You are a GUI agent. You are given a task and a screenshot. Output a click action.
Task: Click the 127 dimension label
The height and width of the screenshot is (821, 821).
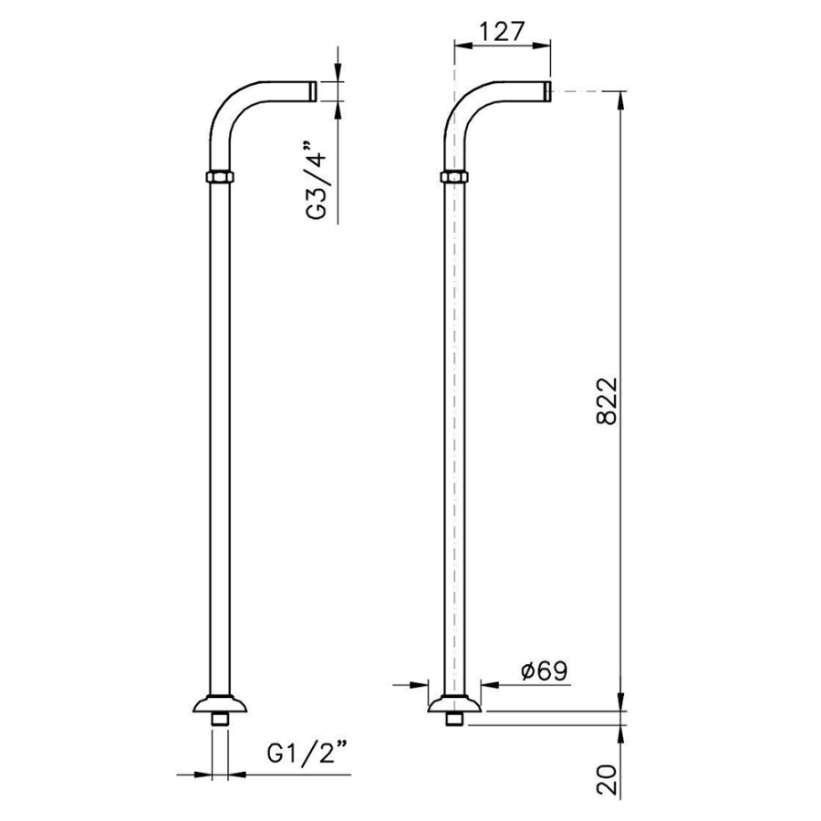point(501,32)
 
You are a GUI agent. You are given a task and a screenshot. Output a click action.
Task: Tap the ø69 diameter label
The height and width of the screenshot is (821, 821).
point(545,670)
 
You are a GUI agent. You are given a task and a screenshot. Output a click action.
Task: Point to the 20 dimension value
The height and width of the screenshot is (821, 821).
point(608,780)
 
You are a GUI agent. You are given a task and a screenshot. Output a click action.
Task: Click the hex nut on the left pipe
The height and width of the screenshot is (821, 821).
point(220,176)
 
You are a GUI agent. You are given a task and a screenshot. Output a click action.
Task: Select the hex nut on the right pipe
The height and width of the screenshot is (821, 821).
point(454,176)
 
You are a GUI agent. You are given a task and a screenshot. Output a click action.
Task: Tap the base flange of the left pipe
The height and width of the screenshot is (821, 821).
point(220,704)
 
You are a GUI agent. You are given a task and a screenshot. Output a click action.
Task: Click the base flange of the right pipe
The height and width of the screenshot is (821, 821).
point(454,704)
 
